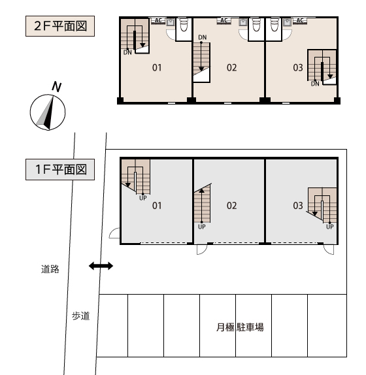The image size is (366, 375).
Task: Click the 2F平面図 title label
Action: click(x=60, y=26)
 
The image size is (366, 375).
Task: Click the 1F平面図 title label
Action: click(x=60, y=169)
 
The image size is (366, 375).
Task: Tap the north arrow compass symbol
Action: click(x=48, y=112)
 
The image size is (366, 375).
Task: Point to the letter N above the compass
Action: click(x=57, y=87)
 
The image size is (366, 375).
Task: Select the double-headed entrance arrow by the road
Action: click(x=101, y=266)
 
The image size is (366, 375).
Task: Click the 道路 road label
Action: click(x=50, y=269)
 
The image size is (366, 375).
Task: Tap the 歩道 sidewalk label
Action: click(x=81, y=316)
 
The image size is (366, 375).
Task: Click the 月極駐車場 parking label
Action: click(x=240, y=327)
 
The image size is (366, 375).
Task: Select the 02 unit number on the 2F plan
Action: click(x=231, y=68)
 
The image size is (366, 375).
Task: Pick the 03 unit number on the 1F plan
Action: click(x=298, y=206)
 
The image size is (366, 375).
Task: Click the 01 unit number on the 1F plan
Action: click(x=157, y=206)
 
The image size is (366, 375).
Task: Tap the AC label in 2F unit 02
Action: click(x=224, y=20)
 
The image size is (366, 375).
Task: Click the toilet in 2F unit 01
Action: click(x=184, y=24)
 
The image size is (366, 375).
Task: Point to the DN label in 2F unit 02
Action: click(x=203, y=37)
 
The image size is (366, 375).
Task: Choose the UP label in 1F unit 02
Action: click(x=202, y=227)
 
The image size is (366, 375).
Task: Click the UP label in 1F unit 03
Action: click(x=330, y=227)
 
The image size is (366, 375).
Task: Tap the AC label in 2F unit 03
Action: click(x=300, y=20)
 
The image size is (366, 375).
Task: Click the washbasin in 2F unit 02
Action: click(x=243, y=22)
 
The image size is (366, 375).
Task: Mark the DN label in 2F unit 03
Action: click(x=315, y=84)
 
